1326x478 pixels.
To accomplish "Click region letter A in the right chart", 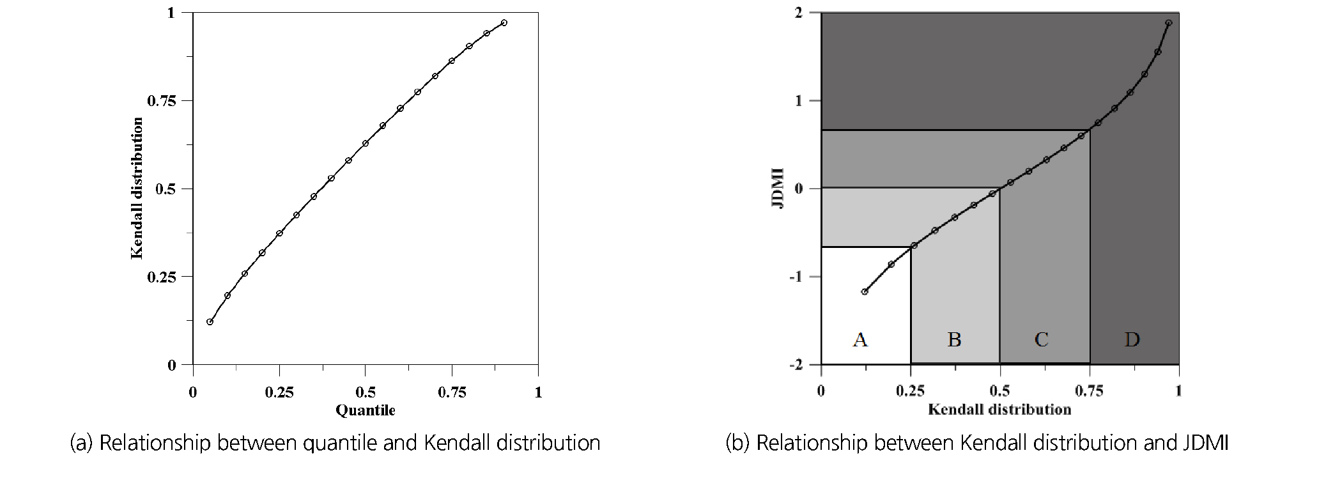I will pyautogui.click(x=860, y=339).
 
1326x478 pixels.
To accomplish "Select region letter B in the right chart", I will pyautogui.click(x=954, y=339).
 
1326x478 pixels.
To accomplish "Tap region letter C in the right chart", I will pyautogui.click(x=1042, y=339).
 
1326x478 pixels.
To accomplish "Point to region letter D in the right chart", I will pyautogui.click(x=1132, y=339).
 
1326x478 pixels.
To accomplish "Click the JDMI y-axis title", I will pyautogui.click(x=778, y=188).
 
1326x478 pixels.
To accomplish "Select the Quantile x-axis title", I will pyautogui.click(x=365, y=410).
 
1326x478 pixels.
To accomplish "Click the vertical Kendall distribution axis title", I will pyautogui.click(x=137, y=188).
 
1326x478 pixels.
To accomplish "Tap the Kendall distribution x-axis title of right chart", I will pyautogui.click(x=999, y=409).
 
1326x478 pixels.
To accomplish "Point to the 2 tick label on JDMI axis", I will pyautogui.click(x=798, y=13).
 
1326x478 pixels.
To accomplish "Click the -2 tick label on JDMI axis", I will pyautogui.click(x=796, y=365).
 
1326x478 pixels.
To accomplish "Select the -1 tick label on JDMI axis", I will pyautogui.click(x=796, y=277).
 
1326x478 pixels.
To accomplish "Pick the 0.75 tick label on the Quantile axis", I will pyautogui.click(x=452, y=392).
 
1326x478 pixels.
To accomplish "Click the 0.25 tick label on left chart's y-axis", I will pyautogui.click(x=161, y=277).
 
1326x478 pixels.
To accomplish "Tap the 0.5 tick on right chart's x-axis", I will pyautogui.click(x=999, y=390).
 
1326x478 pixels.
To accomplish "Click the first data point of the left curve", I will pyautogui.click(x=210, y=321).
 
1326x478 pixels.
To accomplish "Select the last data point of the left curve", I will pyautogui.click(x=504, y=23).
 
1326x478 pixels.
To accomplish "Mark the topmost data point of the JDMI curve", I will pyautogui.click(x=1169, y=23).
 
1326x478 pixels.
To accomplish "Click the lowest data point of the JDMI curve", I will pyautogui.click(x=865, y=291).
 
